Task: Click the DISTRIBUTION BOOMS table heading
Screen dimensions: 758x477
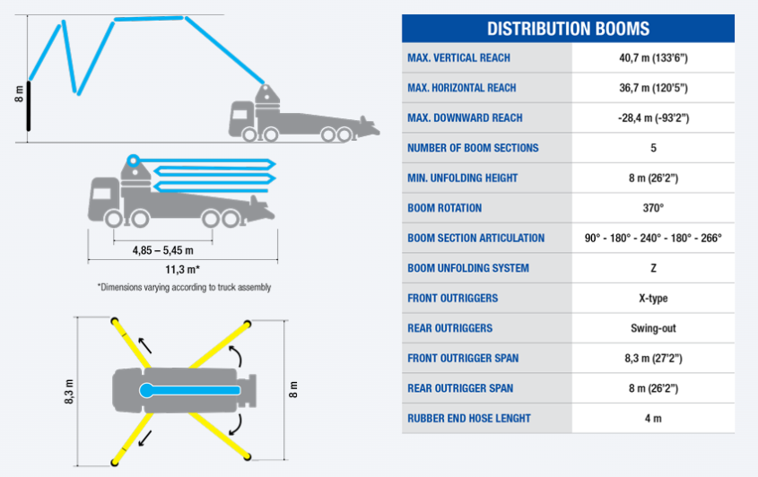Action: [568, 29]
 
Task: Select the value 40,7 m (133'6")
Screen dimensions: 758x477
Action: [653, 58]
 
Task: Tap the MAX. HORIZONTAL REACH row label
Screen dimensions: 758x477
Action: [462, 88]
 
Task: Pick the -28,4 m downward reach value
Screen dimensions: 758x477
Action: [653, 118]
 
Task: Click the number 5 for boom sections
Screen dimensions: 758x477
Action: [653, 148]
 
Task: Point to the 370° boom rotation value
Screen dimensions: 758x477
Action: [653, 208]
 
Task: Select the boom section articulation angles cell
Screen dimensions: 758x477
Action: [653, 238]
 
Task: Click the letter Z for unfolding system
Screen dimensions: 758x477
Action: [653, 268]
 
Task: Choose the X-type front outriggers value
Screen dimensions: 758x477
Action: [653, 299]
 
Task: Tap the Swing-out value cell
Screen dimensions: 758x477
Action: [653, 328]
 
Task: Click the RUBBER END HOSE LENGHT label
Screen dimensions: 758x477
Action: [469, 419]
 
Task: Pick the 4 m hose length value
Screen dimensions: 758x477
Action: [653, 419]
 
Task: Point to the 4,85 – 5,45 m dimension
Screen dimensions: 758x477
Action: [163, 250]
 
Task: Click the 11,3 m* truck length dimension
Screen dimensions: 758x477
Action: [182, 269]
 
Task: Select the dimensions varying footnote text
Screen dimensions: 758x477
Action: [184, 287]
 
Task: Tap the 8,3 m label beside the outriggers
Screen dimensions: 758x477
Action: [69, 392]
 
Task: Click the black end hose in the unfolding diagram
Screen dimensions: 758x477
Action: [29, 106]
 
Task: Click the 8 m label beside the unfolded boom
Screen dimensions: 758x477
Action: [19, 94]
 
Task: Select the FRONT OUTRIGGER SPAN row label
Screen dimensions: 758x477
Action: [463, 358]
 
